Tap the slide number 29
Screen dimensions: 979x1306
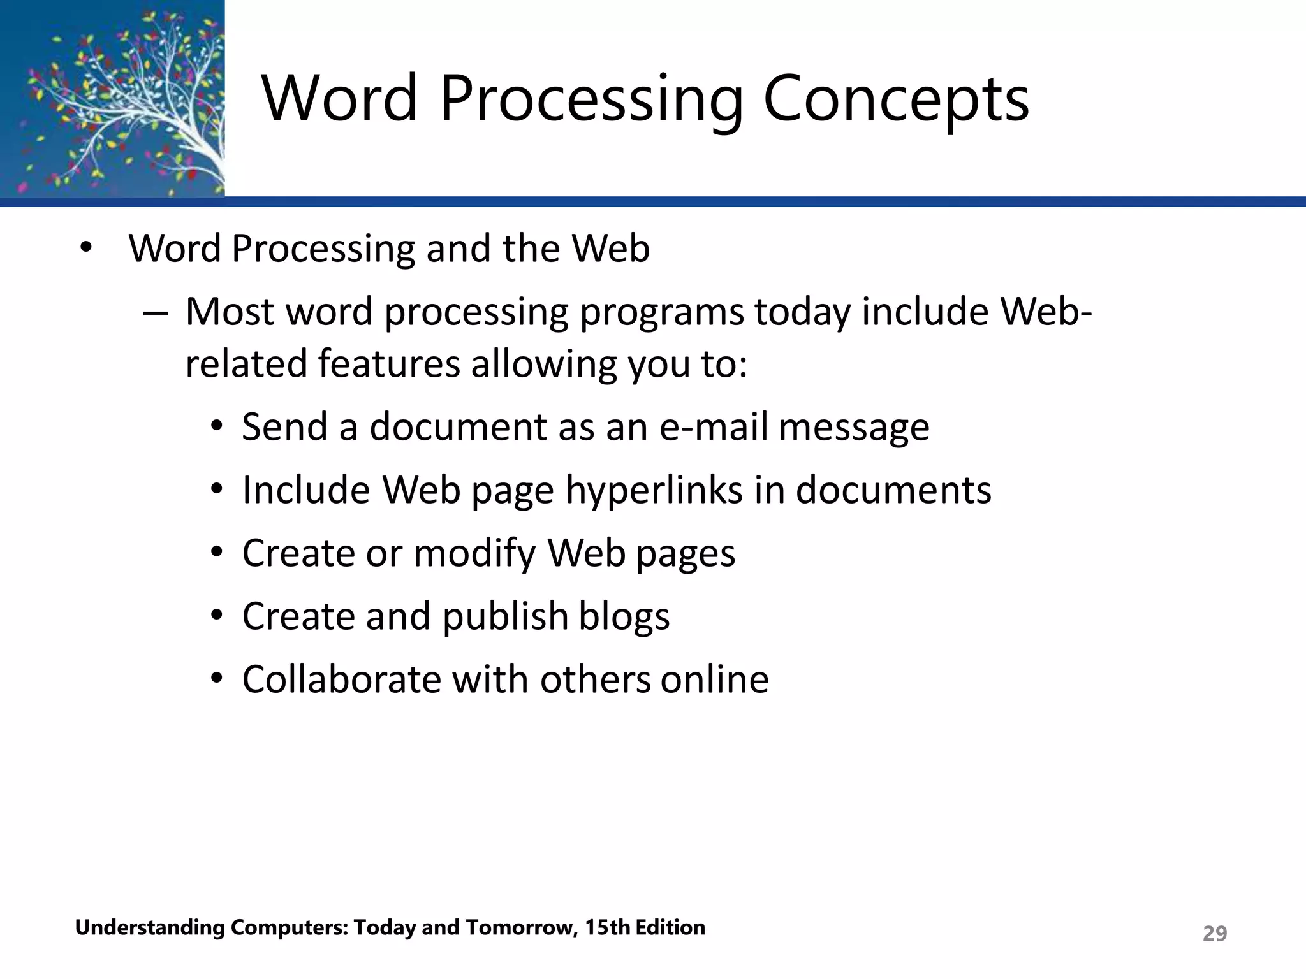coord(1214,934)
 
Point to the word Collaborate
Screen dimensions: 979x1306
coord(341,679)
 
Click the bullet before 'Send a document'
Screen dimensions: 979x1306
coord(217,426)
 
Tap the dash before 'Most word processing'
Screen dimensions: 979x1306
coord(155,314)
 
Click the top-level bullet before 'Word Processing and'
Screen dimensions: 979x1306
coord(86,247)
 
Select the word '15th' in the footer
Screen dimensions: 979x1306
coord(606,927)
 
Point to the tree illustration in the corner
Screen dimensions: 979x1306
coord(112,99)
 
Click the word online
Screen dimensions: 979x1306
coord(714,679)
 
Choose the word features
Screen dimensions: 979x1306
coord(388,365)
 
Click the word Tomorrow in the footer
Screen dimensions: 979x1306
coord(521,927)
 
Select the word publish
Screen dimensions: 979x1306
coord(504,616)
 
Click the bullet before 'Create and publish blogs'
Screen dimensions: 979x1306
coord(217,616)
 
